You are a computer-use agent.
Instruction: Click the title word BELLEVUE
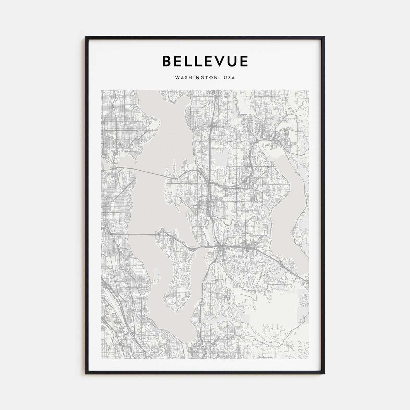(205, 61)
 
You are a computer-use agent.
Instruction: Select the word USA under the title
(229, 78)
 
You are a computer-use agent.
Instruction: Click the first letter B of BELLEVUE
(167, 61)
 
